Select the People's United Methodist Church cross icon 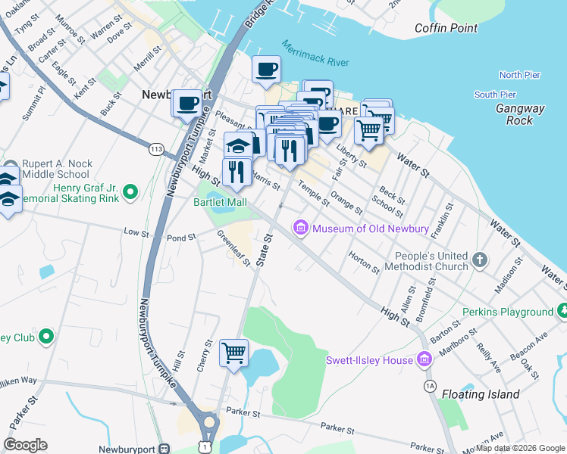pyautogui.click(x=479, y=260)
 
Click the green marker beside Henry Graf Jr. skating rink pyautogui.click(x=130, y=194)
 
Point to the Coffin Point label pyautogui.click(x=446, y=28)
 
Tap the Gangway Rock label pyautogui.click(x=520, y=114)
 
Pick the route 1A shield pyautogui.click(x=431, y=386)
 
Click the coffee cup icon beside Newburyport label pyautogui.click(x=186, y=103)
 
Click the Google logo pyautogui.click(x=25, y=444)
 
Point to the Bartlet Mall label pyautogui.click(x=220, y=203)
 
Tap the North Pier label pyautogui.click(x=520, y=75)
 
